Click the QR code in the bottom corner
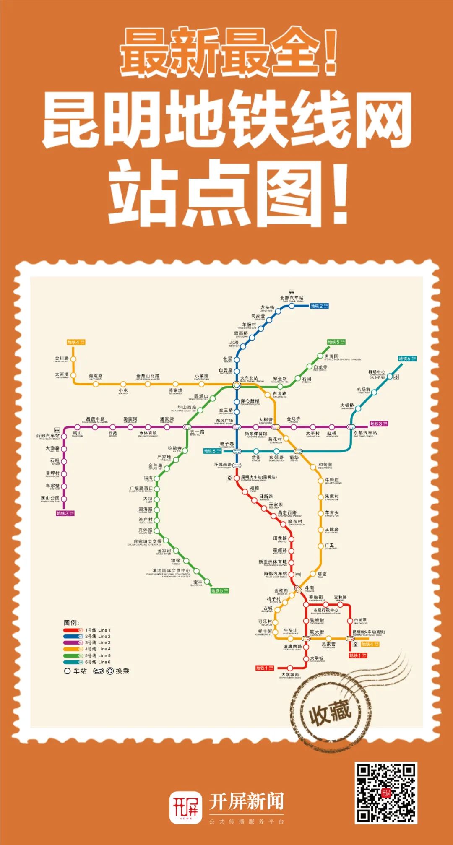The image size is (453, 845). point(386,793)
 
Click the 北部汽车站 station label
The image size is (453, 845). point(292,298)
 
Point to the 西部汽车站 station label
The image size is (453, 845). point(48,436)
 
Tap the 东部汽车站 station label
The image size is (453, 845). point(365,433)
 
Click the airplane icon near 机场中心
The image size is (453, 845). point(396,377)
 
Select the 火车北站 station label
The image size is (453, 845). point(249,378)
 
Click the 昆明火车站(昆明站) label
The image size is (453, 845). point(258,477)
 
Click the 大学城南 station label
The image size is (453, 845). point(290,675)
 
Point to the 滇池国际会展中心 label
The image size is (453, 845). point(171,571)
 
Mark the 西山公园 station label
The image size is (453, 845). point(50,498)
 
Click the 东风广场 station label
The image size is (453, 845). point(224,421)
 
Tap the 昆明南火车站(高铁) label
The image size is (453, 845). point(368,632)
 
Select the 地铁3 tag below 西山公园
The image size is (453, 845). point(65,513)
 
